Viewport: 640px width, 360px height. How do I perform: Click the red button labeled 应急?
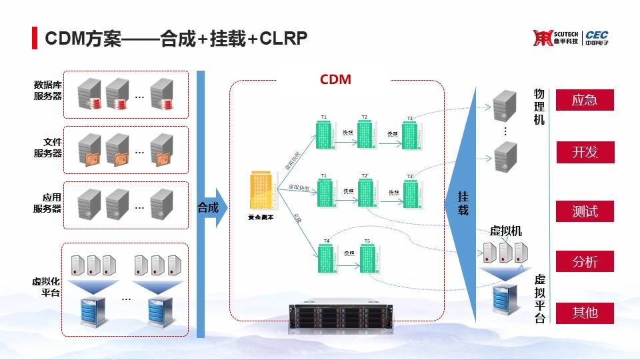coord(584,100)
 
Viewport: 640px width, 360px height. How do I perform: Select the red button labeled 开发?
coord(584,152)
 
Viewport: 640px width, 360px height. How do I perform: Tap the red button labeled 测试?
coord(584,211)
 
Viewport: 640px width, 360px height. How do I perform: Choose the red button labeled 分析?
coord(584,262)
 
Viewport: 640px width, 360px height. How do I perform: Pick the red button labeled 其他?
coord(584,311)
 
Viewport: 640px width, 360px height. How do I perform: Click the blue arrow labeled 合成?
coord(209,207)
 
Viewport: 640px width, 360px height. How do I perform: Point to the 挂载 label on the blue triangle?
coord(463,203)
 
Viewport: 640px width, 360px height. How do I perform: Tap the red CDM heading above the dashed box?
coord(335,80)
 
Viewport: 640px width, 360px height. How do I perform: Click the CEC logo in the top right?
coord(597,38)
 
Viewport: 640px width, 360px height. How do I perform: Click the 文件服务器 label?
coord(48,147)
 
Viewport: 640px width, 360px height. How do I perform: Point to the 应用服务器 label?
coord(48,203)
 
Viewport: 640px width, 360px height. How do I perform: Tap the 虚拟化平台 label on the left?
coord(46,287)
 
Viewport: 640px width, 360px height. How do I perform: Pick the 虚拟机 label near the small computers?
coord(506,231)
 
